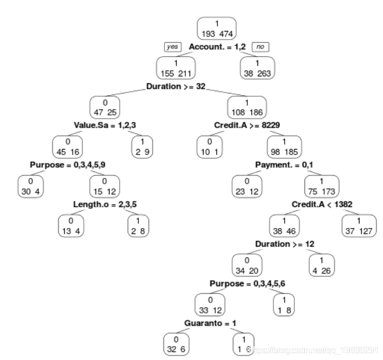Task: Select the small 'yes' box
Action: (174, 47)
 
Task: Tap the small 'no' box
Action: (261, 47)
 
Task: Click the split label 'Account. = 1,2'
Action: (217, 47)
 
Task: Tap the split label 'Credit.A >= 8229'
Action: (247, 126)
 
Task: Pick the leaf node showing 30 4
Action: (31, 185)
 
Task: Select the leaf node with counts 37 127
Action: (359, 224)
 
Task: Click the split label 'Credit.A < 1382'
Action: (322, 205)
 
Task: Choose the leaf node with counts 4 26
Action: (323, 264)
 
